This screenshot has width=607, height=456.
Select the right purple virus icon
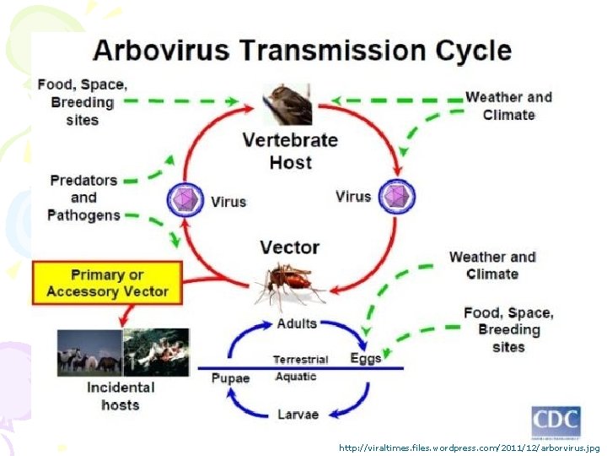pos(395,198)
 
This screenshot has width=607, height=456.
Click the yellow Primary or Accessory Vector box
pos(107,283)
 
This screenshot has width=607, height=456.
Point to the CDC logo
pos(555,421)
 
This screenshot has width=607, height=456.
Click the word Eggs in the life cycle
pos(366,358)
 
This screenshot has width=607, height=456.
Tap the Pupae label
pos(229,378)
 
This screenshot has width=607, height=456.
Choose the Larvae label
pos(298,415)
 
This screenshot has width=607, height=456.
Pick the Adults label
pos(297,323)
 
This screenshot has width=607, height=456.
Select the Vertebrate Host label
pos(290,150)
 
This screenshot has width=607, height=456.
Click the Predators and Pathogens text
pos(83,198)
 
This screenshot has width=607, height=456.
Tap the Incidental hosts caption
pos(121,396)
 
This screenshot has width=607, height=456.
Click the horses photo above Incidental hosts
pos(89,351)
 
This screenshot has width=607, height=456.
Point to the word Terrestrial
pos(300,360)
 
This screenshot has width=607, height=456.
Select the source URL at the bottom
pos(469,448)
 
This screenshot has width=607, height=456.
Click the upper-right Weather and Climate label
pos(508,106)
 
